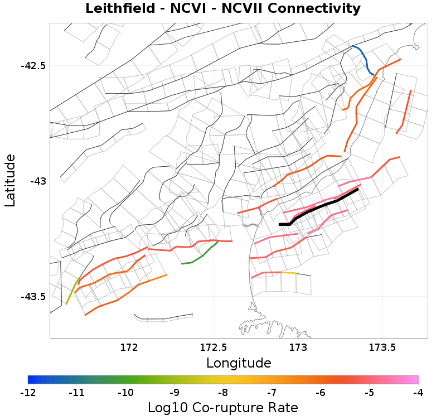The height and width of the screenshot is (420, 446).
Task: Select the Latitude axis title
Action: (10, 181)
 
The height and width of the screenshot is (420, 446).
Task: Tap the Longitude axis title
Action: (239, 363)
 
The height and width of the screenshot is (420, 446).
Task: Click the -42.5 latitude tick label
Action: (33, 65)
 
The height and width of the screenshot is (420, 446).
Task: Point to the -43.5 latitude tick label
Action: (33, 296)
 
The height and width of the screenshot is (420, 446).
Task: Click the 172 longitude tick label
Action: (129, 347)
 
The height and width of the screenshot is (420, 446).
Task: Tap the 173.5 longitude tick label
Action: (382, 347)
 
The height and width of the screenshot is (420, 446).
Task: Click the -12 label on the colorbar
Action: (28, 393)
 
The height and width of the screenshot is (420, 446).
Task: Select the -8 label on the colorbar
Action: (223, 393)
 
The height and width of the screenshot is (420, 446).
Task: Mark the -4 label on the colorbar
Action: (418, 393)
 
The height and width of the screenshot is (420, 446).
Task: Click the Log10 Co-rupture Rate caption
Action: (222, 408)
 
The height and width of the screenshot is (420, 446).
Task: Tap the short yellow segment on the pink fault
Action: (288, 273)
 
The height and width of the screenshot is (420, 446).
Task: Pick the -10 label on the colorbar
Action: (125, 393)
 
